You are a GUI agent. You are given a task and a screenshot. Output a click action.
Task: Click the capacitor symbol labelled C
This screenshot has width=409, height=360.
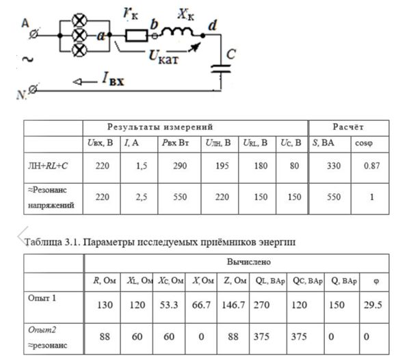pyautogui.click(x=221, y=69)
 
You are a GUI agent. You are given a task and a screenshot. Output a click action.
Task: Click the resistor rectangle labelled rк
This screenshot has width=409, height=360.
pyautogui.click(x=136, y=36)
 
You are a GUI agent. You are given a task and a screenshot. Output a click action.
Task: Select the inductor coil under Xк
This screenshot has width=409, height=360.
pyautogui.click(x=177, y=32)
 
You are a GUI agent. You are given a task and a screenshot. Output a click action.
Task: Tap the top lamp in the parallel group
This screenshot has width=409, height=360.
pyautogui.click(x=79, y=20)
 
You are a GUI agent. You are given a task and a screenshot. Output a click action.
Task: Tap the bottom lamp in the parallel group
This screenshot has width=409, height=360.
pyautogui.click(x=79, y=51)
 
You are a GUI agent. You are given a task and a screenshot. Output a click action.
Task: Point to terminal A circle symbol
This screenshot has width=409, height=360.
pyautogui.click(x=34, y=34)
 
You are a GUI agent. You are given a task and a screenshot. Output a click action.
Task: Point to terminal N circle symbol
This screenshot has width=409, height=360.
pyautogui.click(x=33, y=89)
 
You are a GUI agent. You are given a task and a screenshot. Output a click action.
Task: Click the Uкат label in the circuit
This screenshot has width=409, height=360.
pyautogui.click(x=163, y=57)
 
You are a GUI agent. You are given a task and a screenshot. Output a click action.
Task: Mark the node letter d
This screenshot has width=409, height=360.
pyautogui.click(x=213, y=25)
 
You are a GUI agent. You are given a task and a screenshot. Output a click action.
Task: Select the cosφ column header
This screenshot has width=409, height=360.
pyautogui.click(x=364, y=143)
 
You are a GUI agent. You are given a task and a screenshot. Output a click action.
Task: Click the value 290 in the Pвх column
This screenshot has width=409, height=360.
pyautogui.click(x=180, y=166)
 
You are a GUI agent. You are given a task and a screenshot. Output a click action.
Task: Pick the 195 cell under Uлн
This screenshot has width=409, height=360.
pyautogui.click(x=222, y=166)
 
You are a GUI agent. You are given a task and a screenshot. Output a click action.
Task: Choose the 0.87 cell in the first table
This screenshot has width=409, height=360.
pyautogui.click(x=371, y=166)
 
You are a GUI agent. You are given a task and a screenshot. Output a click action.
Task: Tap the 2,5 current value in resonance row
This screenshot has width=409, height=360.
pyautogui.click(x=142, y=197)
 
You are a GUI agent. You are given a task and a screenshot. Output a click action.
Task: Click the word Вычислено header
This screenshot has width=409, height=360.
pyautogui.click(x=248, y=262)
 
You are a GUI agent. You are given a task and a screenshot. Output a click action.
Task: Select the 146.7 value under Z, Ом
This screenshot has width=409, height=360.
pyautogui.click(x=233, y=305)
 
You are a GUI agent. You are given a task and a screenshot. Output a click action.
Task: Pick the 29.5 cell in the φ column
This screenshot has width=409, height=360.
pyautogui.click(x=373, y=305)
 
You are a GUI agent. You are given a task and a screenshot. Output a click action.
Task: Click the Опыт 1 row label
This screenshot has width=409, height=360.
pyautogui.click(x=42, y=298)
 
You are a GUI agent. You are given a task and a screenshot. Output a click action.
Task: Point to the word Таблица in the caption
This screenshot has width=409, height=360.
pyautogui.click(x=43, y=243)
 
